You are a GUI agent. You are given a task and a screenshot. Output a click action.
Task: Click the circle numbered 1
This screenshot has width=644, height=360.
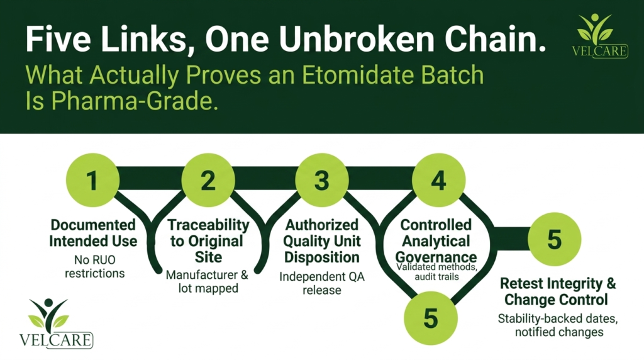(x=93, y=180)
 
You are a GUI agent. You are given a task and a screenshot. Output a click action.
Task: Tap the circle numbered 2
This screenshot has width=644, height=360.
(x=208, y=180)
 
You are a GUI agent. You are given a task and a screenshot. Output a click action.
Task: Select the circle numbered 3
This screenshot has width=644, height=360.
(x=322, y=180)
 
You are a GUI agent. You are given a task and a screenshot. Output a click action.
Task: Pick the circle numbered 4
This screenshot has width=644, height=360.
(x=438, y=180)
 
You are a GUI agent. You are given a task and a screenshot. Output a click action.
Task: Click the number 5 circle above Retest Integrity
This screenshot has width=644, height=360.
(x=555, y=239)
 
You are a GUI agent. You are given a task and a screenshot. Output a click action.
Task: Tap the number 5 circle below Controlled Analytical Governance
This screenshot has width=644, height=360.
(x=430, y=318)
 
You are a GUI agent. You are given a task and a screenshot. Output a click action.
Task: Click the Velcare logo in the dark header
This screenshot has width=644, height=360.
(x=599, y=36)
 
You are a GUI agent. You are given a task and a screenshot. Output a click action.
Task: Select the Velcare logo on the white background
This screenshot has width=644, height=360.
(x=56, y=323)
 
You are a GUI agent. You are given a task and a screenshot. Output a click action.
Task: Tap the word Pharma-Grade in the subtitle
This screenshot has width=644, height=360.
(x=134, y=101)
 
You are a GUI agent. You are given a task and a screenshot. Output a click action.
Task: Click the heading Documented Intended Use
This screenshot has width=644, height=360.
(x=93, y=233)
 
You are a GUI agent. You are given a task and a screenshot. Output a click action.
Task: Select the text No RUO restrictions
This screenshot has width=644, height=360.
(x=94, y=266)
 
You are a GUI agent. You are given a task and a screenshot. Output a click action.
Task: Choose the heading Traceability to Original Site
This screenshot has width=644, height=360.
(x=209, y=241)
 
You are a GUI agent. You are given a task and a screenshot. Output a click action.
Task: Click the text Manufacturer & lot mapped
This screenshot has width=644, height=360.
(x=208, y=281)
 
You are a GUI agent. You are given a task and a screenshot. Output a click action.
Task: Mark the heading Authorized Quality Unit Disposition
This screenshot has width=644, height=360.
(x=322, y=241)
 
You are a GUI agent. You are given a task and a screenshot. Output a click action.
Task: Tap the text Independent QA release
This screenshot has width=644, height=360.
(x=322, y=283)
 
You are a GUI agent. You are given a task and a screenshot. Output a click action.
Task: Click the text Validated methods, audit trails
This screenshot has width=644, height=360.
(x=436, y=272)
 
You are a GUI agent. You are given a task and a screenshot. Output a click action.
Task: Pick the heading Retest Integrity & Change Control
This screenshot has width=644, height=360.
(x=557, y=291)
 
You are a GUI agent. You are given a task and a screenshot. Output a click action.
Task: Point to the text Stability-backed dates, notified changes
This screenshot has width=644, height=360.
(x=558, y=325)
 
